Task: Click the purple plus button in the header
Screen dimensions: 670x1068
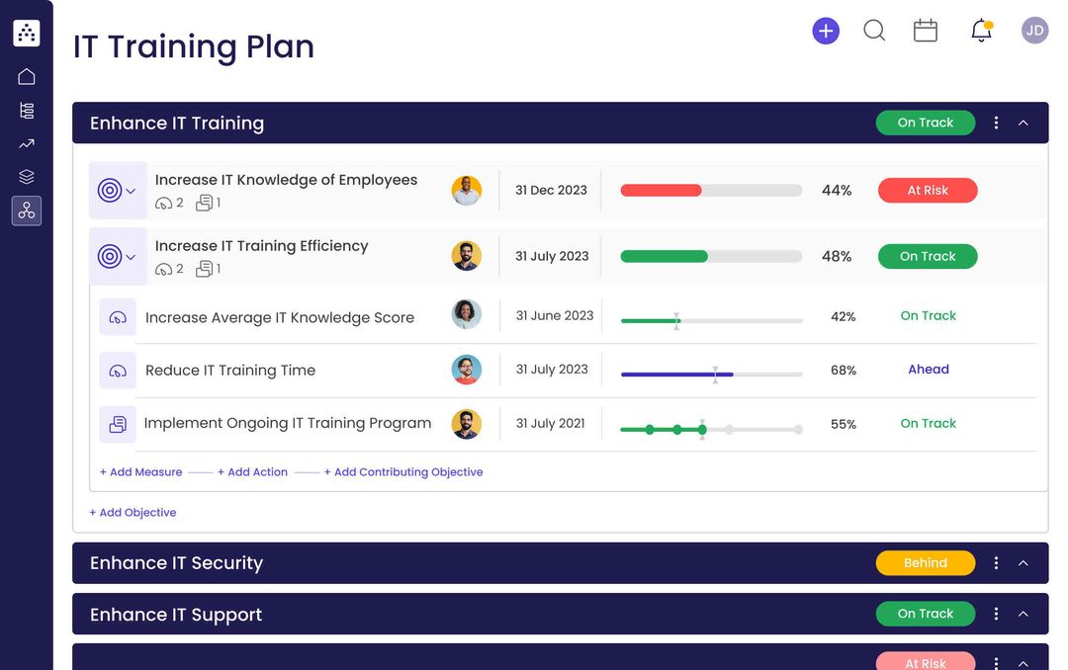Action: pos(826,31)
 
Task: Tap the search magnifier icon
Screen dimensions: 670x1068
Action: pos(874,31)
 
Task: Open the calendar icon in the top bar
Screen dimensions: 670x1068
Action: pos(926,31)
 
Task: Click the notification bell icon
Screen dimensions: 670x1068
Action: pos(981,31)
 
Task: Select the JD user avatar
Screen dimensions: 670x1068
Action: pos(1034,31)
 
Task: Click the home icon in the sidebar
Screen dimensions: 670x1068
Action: pos(27,77)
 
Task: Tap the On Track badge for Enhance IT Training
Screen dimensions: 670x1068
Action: pos(925,123)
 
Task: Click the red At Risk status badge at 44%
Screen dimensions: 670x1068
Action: pos(928,191)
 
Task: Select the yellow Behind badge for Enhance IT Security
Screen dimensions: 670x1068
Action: pos(925,563)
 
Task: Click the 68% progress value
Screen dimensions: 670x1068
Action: pos(844,371)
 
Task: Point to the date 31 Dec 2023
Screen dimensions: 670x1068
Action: pos(551,191)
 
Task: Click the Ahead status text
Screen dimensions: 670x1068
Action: pos(929,370)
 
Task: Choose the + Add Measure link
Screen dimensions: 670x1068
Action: pos(141,472)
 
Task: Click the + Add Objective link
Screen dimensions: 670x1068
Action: pos(133,513)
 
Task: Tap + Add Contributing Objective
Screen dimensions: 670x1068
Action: pos(403,472)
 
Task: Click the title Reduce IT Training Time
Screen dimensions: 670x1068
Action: pos(230,371)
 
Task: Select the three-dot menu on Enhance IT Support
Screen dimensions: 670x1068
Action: pos(996,614)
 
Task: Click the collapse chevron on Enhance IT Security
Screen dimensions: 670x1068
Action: pos(1023,563)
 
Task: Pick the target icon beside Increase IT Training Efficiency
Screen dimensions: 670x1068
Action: pos(110,257)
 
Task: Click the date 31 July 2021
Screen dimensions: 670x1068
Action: pos(551,424)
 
